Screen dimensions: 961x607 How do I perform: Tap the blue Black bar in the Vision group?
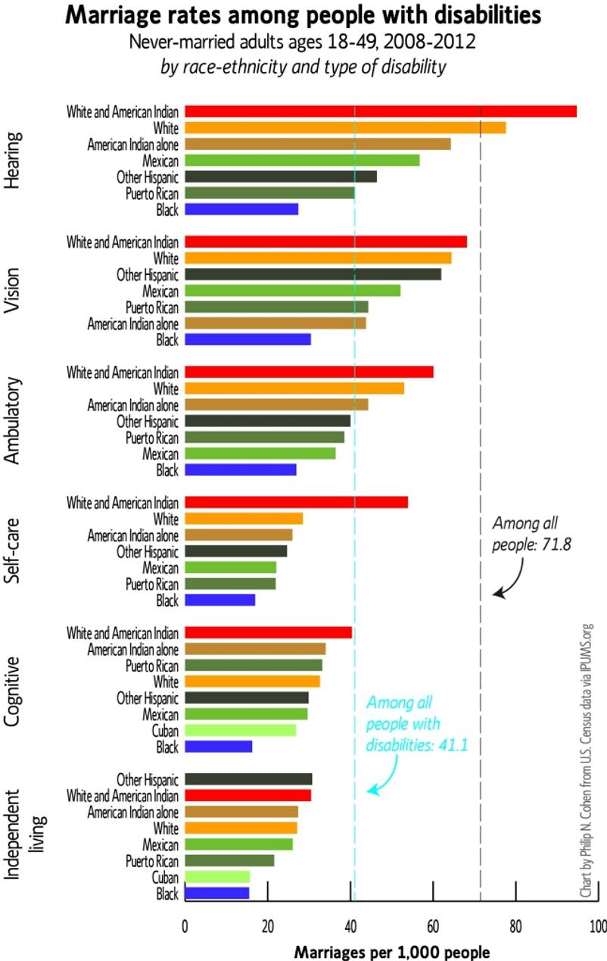[x=247, y=339]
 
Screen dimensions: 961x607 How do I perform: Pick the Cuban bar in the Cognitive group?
[x=240, y=730]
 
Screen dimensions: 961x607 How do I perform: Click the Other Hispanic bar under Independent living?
[x=248, y=779]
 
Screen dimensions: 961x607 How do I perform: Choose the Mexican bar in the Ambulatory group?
[x=260, y=454]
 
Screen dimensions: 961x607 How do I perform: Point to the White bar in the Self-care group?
[x=243, y=519]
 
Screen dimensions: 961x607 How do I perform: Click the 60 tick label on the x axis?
[x=433, y=926]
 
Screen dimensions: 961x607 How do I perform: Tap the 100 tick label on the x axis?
[x=597, y=926]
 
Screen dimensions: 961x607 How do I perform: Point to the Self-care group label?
[x=13, y=551]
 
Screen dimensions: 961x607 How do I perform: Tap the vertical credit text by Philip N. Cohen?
[x=586, y=761]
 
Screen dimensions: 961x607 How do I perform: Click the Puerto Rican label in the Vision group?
[x=152, y=307]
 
